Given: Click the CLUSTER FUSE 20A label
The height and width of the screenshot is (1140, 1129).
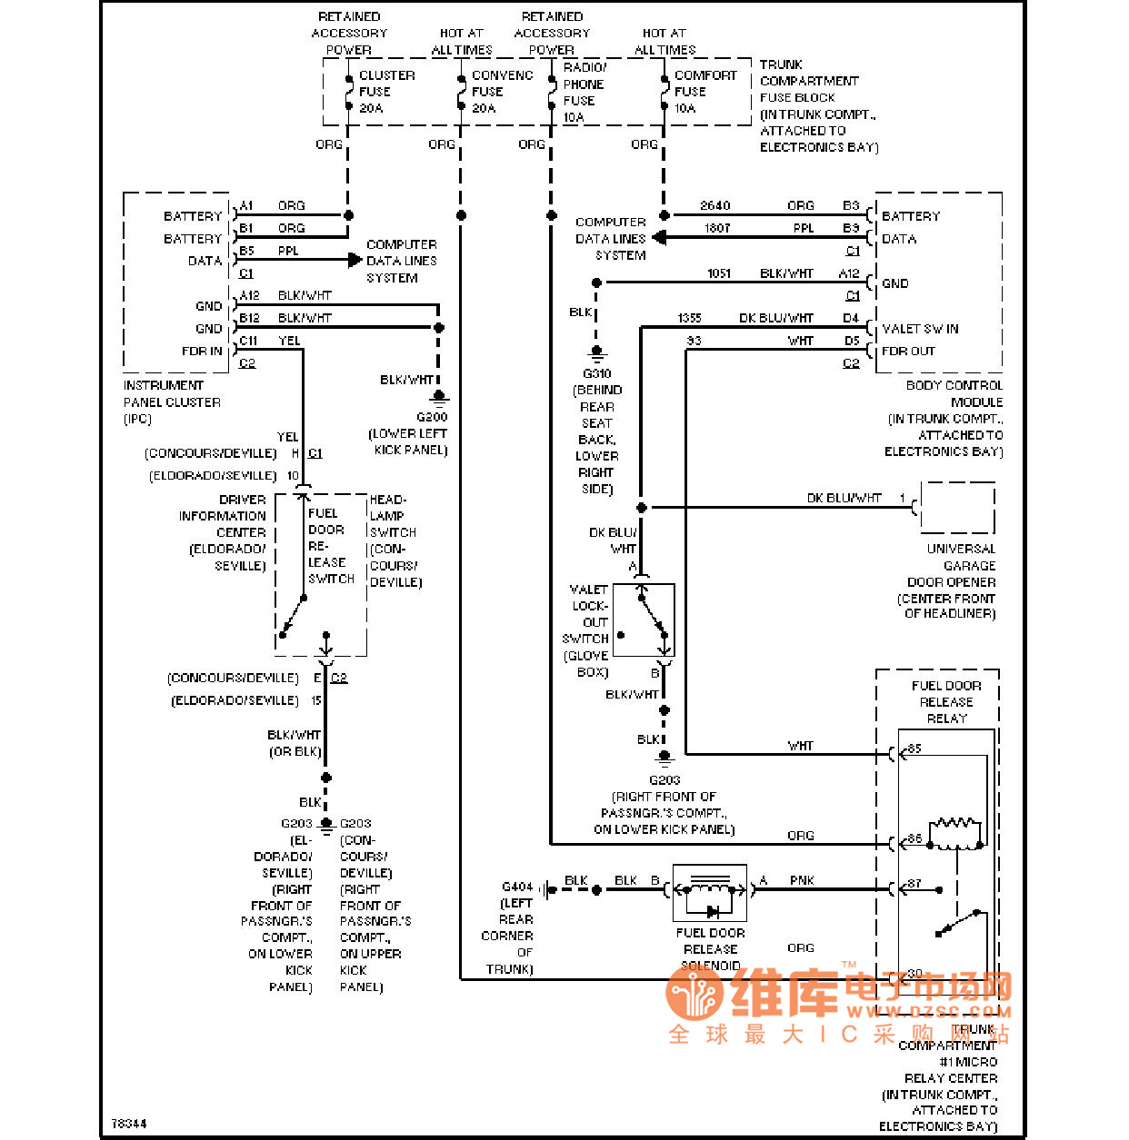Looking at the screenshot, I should (385, 92).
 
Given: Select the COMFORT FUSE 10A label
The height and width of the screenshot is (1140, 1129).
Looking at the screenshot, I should (704, 92).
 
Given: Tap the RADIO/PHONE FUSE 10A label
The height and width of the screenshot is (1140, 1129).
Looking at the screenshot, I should (584, 93).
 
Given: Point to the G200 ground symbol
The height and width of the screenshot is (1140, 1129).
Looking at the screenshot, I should (439, 396).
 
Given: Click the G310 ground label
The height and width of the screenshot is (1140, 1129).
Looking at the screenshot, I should (596, 373).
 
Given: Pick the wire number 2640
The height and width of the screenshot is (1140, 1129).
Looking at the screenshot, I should (714, 206).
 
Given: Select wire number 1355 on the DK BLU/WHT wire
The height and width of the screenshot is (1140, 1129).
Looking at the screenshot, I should (689, 318).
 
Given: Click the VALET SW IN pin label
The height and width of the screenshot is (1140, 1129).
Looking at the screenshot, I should (920, 329).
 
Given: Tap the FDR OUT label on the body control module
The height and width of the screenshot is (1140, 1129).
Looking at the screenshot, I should (908, 352).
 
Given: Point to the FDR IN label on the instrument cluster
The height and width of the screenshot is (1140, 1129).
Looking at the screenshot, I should (202, 352).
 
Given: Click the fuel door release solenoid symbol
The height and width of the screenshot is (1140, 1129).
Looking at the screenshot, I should (710, 894).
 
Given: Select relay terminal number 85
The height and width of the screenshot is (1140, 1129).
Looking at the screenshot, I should (914, 748).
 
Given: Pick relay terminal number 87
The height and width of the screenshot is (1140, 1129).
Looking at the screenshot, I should (914, 883).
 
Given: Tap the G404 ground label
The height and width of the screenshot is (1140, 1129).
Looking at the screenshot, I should (517, 887).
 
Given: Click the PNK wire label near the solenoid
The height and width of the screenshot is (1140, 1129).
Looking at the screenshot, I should (802, 880).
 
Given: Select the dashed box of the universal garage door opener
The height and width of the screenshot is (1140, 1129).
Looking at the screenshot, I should (957, 508).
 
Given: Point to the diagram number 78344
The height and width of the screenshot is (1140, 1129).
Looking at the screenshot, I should (128, 1124).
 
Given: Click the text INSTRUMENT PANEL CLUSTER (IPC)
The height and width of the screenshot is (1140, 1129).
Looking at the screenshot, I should (172, 401).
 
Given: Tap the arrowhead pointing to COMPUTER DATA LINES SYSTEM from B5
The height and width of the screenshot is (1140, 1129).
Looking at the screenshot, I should (355, 260).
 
